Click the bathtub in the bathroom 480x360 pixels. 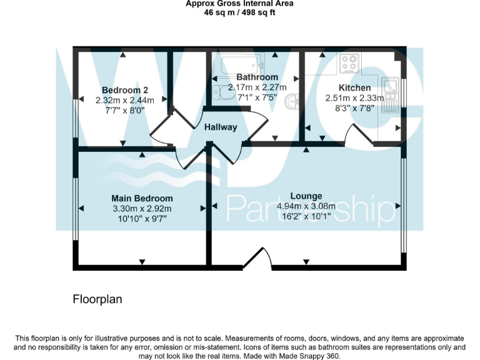coord(238,64)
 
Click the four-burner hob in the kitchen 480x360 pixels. coord(350,63)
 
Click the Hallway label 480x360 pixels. coord(221,127)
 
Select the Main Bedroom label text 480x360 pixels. coord(141,198)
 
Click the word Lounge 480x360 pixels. coord(306,196)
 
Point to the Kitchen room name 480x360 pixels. coord(354,87)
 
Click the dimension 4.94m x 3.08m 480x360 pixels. coord(306,206)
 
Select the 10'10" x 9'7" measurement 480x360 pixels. coord(141,218)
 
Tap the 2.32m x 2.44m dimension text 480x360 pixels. coord(124,99)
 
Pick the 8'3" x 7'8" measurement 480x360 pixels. coord(354,108)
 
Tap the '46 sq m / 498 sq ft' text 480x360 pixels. coord(240,12)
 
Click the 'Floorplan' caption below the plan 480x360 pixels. coord(97,299)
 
